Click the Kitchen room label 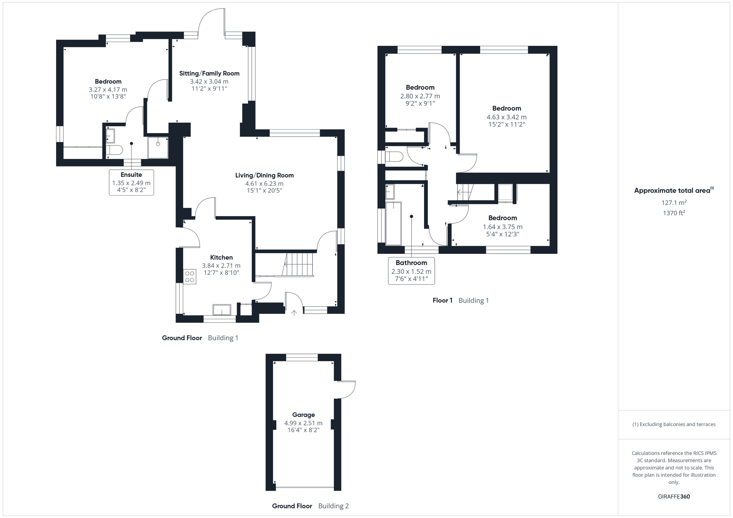pos(221,258)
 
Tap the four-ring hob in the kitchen pos(189,277)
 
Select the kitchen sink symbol pos(222,310)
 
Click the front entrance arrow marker pos(294,313)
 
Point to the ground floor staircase pos(299,265)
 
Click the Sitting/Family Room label pos(209,74)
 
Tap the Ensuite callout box pos(131,182)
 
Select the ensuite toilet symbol pos(114,150)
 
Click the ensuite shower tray pos(158,148)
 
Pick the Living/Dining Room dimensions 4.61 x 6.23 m pos(264,184)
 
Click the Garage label pos(303,415)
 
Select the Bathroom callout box pos(411,271)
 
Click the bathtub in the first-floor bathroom pos(394,223)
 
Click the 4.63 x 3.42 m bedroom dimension pos(507,117)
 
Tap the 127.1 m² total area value pos(674,203)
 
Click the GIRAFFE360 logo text pos(674,497)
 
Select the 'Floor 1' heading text pos(442,300)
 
